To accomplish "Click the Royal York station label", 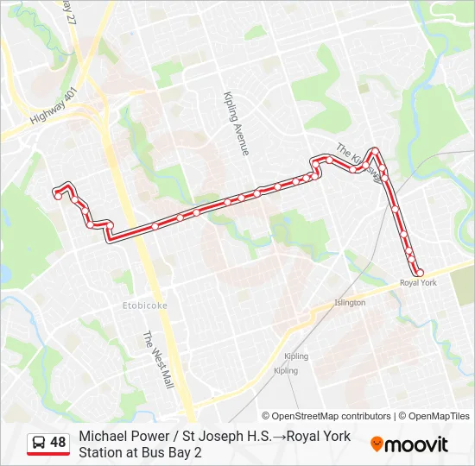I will (418, 283).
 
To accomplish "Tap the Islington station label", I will (350, 303).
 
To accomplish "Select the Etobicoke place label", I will (145, 305).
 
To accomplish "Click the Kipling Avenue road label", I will (235, 123).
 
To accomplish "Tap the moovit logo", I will (409, 444).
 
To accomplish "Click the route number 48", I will (58, 443).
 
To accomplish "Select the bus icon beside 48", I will (39, 443).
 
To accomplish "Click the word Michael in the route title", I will (102, 437).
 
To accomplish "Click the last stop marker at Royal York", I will (420, 273).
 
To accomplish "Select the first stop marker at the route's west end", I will (58, 196).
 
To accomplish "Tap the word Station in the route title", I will (102, 452).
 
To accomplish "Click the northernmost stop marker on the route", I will (375, 151).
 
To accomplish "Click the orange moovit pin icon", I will (377, 444).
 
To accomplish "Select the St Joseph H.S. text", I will (223, 437).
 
